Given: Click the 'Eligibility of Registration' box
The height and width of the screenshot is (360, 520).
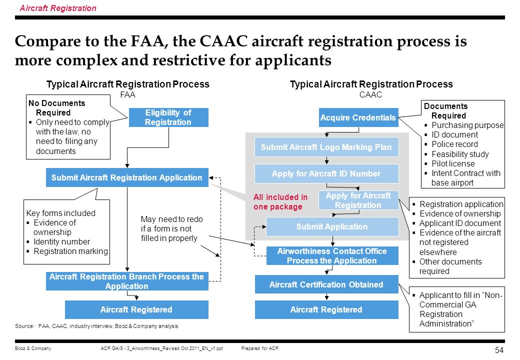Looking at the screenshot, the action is click(168, 117).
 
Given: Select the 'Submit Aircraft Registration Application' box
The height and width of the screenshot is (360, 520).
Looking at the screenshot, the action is click(127, 177).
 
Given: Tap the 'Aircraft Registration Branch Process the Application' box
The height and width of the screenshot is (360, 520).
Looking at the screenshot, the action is click(127, 281).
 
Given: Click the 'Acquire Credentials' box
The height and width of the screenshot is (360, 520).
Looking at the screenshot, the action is click(358, 117).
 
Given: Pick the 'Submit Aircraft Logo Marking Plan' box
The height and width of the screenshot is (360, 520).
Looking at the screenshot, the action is click(326, 147).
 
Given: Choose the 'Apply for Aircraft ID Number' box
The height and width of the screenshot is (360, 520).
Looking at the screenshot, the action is click(326, 173).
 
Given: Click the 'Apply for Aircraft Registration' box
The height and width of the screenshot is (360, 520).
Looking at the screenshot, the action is click(358, 200).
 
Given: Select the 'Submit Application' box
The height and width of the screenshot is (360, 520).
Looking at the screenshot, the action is click(332, 226).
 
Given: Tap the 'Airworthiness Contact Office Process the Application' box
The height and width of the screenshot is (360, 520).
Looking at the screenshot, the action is click(332, 255).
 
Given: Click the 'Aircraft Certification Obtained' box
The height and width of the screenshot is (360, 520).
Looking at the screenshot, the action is click(326, 284).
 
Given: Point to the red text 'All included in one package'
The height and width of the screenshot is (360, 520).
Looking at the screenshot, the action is click(280, 202).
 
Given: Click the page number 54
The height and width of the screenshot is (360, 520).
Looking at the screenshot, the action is click(499, 350).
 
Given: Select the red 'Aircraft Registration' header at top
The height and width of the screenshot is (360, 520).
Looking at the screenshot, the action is click(58, 8).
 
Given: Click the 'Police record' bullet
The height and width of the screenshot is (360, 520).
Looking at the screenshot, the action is click(454, 144).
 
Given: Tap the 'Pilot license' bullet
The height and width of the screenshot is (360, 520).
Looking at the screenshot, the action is click(453, 164).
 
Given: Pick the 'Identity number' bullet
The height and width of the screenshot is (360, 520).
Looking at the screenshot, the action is click(61, 241).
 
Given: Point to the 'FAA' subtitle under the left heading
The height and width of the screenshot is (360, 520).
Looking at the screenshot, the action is click(127, 95).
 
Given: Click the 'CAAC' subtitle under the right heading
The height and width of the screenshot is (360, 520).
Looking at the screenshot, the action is click(371, 95).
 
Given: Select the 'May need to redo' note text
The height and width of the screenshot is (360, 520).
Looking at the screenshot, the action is click(172, 219).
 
